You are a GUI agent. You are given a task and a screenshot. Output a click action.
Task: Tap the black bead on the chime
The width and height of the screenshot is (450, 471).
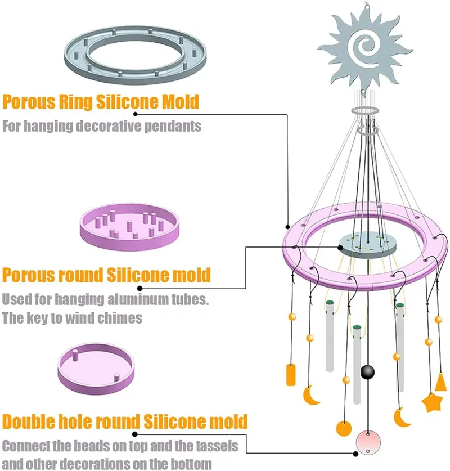(x=367, y=371)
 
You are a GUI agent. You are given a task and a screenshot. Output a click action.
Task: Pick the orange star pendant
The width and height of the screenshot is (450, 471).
(x=432, y=402)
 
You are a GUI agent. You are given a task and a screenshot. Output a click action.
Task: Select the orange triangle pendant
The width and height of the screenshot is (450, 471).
(x=442, y=382)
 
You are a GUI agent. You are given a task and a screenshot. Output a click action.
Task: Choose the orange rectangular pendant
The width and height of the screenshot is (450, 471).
(x=291, y=374)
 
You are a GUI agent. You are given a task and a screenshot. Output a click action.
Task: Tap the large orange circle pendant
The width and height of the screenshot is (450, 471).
(x=344, y=428)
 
